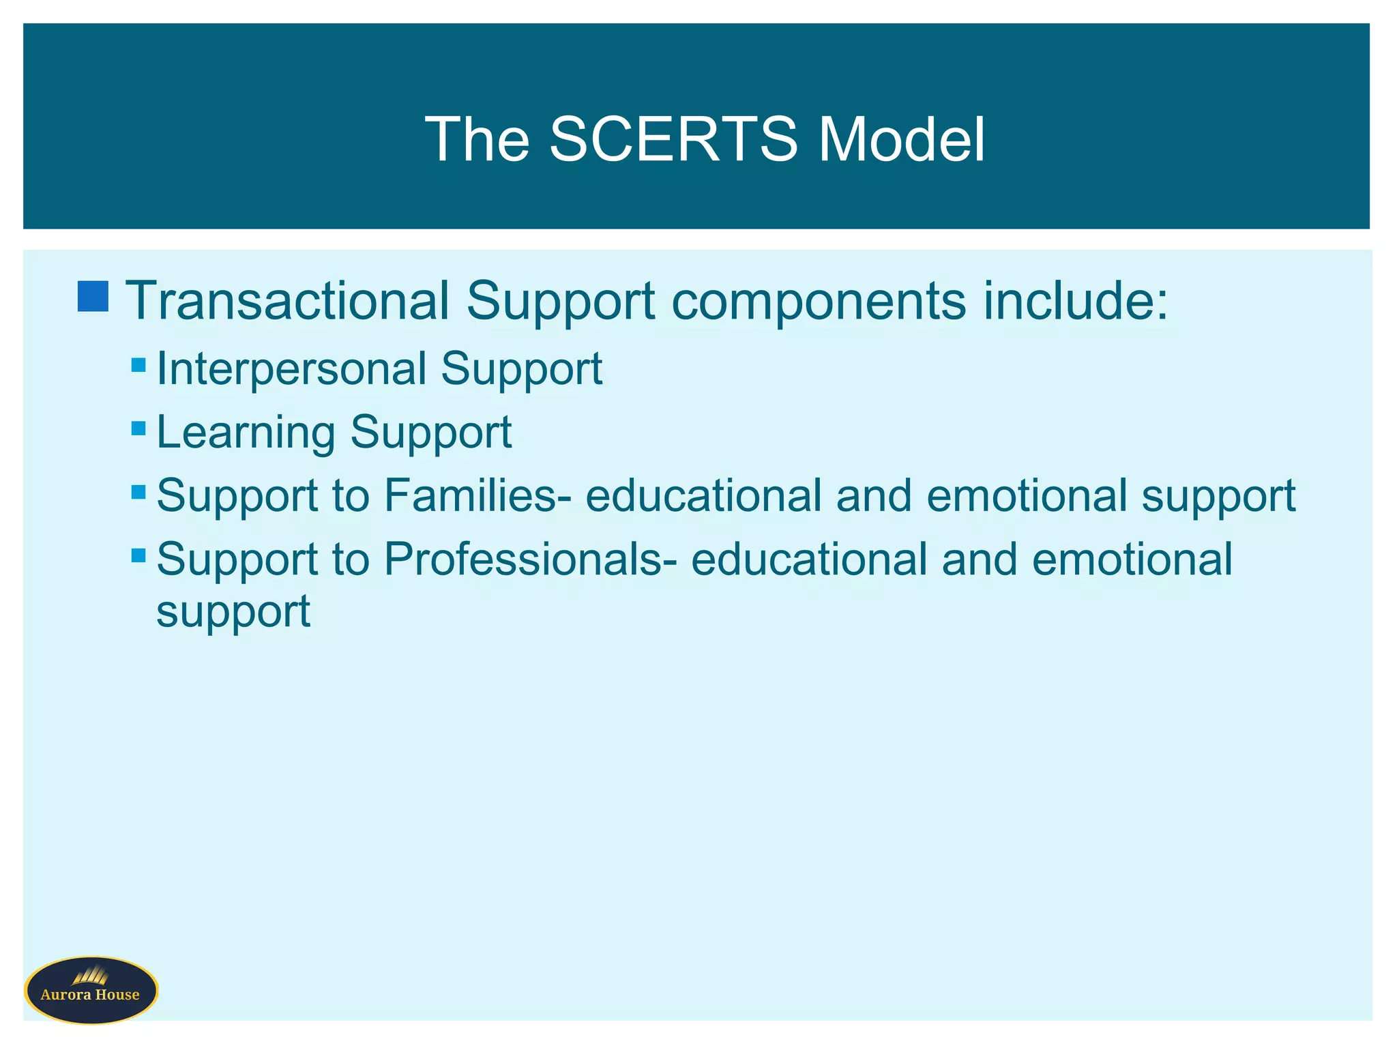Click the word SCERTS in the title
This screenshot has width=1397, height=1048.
[673, 139]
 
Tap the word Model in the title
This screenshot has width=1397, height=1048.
[901, 139]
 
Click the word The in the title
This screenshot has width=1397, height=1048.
[477, 139]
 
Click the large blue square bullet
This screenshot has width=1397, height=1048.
[93, 296]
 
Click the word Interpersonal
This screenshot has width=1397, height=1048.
[292, 369]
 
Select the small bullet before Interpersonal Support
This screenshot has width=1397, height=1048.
[138, 365]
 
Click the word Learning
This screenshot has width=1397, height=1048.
[246, 433]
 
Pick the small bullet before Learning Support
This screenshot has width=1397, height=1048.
[138, 428]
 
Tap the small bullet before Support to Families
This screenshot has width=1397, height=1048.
[138, 492]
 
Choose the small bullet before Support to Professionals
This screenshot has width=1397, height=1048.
[138, 555]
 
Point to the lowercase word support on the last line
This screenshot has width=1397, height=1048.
[233, 611]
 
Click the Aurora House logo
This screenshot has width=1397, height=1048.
[91, 990]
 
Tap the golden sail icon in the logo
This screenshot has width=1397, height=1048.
[91, 976]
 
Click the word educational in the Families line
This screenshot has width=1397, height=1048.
[703, 495]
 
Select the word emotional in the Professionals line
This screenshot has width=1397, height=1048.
[1132, 559]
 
